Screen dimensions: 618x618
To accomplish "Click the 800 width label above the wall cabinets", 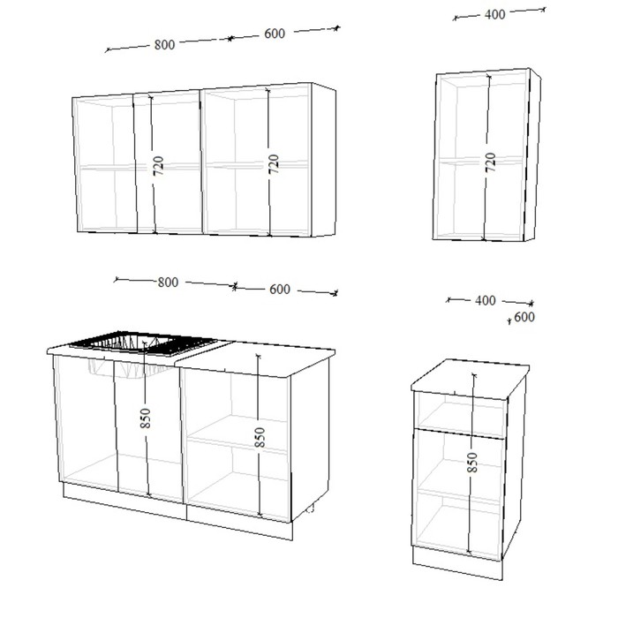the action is coord(164,44).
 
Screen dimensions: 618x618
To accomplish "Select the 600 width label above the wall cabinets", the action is coord(275,34).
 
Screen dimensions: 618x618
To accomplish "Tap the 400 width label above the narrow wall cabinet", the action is coord(494,15).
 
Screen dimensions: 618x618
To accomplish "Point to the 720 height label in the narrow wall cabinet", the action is coord(490,162).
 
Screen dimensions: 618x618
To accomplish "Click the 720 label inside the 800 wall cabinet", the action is coord(158,166).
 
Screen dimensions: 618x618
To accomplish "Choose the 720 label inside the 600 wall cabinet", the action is coord(273,163).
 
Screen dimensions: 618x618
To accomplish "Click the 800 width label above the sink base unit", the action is coord(168,283).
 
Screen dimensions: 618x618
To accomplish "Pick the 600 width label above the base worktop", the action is coord(280,290).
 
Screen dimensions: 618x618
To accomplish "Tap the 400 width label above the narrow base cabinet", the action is coord(486,300).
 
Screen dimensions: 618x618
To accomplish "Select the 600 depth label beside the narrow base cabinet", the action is coord(524,317).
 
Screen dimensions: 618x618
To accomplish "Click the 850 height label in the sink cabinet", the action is coord(146,418).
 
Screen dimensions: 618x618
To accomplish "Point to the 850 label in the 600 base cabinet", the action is coord(260,437).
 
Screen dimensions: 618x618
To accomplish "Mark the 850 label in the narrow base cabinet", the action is coord(471,463).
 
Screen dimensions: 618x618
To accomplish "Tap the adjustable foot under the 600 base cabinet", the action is coord(310,509).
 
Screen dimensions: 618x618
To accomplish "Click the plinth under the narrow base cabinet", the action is coord(457,563).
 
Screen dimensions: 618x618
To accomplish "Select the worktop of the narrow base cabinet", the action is coord(470,378).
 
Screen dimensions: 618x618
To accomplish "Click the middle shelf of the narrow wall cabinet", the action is coord(482,160).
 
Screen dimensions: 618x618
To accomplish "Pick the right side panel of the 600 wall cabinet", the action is coord(324,160).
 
